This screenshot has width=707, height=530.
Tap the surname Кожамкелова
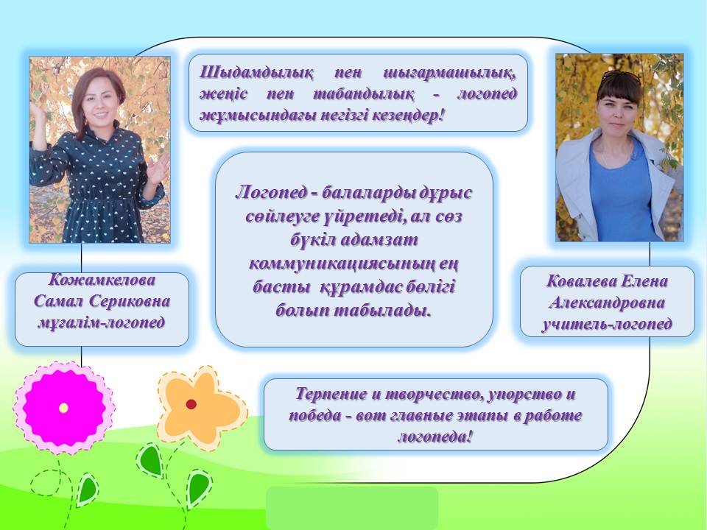click(102, 280)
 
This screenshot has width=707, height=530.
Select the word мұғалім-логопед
click(102, 322)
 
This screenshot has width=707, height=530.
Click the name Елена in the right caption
click(644, 281)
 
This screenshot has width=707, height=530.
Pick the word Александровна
click(607, 303)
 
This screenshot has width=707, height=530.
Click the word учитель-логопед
click(608, 324)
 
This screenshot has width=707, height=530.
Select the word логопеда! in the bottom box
click(435, 437)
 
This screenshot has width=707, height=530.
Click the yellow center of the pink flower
click(63, 408)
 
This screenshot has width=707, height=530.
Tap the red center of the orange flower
click(191, 404)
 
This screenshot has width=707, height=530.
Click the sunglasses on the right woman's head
click(621, 76)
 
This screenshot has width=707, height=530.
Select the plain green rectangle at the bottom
click(352, 508)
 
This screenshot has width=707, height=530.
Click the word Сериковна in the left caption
click(130, 301)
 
